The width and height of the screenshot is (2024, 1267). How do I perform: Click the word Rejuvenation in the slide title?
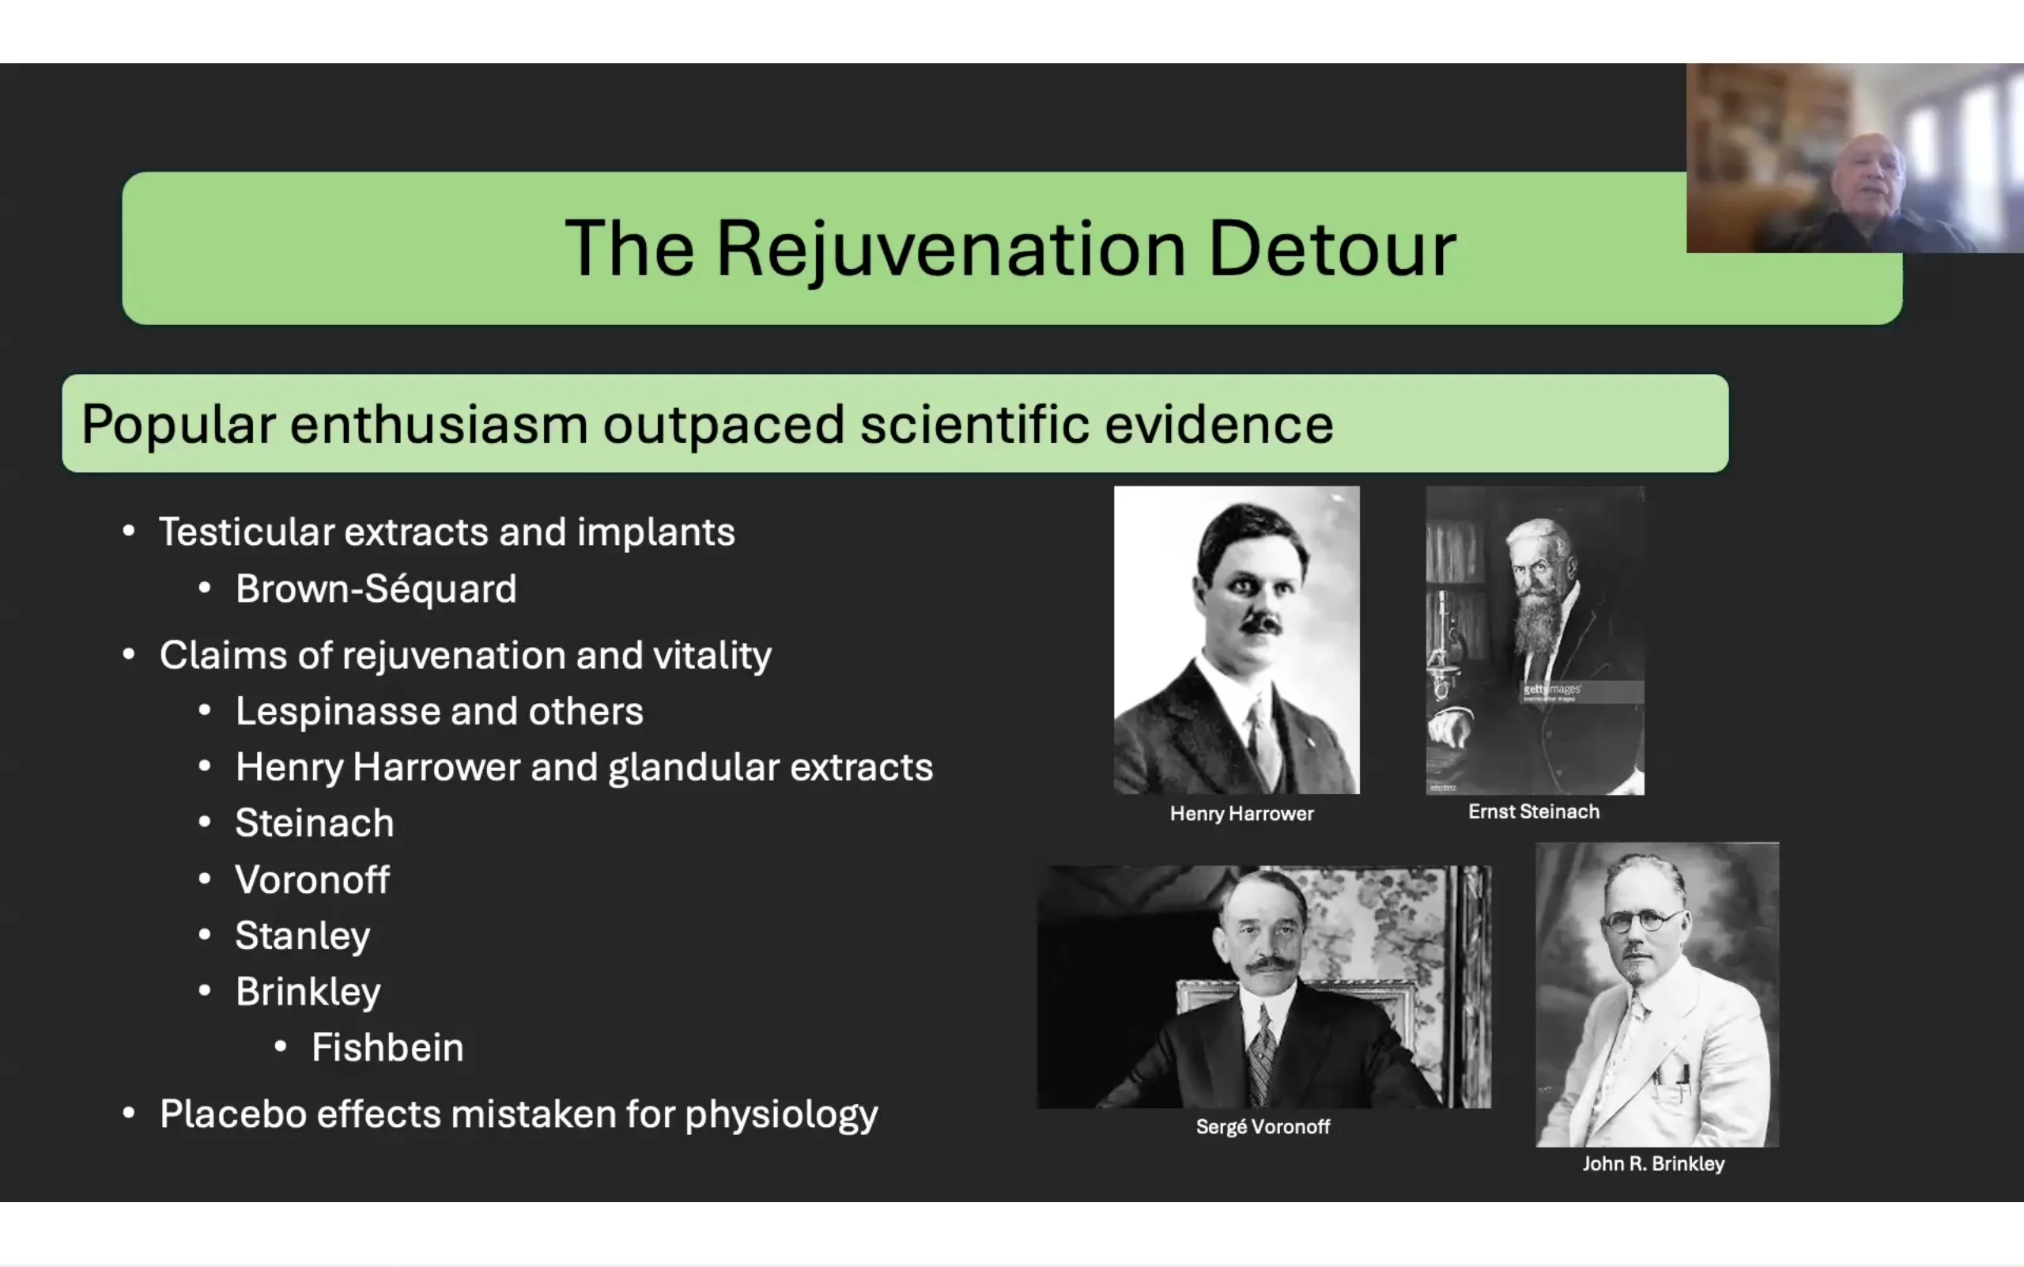(x=951, y=251)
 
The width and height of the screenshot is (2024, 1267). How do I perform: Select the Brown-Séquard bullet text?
(x=376, y=588)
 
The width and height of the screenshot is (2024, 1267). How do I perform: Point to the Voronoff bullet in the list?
(x=312, y=879)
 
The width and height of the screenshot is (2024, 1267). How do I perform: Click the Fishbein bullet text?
(x=388, y=1046)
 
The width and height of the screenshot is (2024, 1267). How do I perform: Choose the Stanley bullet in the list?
(x=303, y=936)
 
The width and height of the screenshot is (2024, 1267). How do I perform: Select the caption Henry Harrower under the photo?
(x=1241, y=813)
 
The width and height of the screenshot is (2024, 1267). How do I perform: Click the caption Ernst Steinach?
(x=1534, y=811)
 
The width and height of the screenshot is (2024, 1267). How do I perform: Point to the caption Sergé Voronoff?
(x=1263, y=1127)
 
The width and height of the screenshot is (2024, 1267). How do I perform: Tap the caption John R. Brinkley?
(x=1653, y=1163)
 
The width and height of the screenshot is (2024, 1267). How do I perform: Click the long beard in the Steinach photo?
(x=1540, y=623)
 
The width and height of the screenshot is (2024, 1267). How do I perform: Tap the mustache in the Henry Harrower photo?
(x=1260, y=623)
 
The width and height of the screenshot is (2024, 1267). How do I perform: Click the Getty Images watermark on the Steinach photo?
(x=1551, y=690)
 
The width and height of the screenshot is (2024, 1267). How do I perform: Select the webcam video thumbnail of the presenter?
(x=1855, y=157)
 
